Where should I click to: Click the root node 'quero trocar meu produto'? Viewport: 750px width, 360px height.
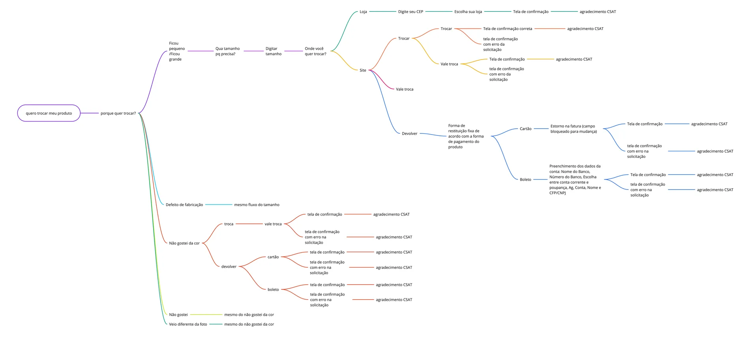pos(49,113)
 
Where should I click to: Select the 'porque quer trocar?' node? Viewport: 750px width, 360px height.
pos(118,113)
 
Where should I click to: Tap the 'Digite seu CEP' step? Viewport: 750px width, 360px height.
pos(411,12)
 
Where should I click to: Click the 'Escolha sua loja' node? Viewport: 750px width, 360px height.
pos(468,12)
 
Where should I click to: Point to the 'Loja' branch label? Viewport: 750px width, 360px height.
pos(363,12)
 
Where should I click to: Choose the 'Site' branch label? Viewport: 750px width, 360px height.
pos(363,70)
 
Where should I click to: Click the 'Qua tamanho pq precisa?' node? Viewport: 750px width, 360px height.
pos(227,51)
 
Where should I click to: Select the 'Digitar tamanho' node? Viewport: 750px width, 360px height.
pos(274,51)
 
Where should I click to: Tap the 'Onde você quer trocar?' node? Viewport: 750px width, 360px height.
pos(315,51)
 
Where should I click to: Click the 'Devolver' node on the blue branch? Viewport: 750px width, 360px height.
pos(409,133)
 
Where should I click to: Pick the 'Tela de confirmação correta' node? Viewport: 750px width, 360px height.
pos(508,29)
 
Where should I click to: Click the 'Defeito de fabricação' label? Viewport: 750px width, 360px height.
pos(184,205)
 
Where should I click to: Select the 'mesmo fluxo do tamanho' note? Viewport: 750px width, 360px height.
pos(257,205)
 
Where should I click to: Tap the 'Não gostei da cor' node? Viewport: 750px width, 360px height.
pos(184,243)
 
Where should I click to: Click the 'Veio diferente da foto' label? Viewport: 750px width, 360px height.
pos(188,324)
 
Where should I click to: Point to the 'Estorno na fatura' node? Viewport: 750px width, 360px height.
pos(574,129)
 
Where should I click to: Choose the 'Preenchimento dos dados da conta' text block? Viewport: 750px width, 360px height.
pos(575,180)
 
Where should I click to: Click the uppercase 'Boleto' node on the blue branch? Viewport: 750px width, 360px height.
pos(525,180)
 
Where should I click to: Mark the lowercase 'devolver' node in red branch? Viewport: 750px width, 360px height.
pos(229,267)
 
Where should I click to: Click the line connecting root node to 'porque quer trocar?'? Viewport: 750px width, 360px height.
pos(90,113)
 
